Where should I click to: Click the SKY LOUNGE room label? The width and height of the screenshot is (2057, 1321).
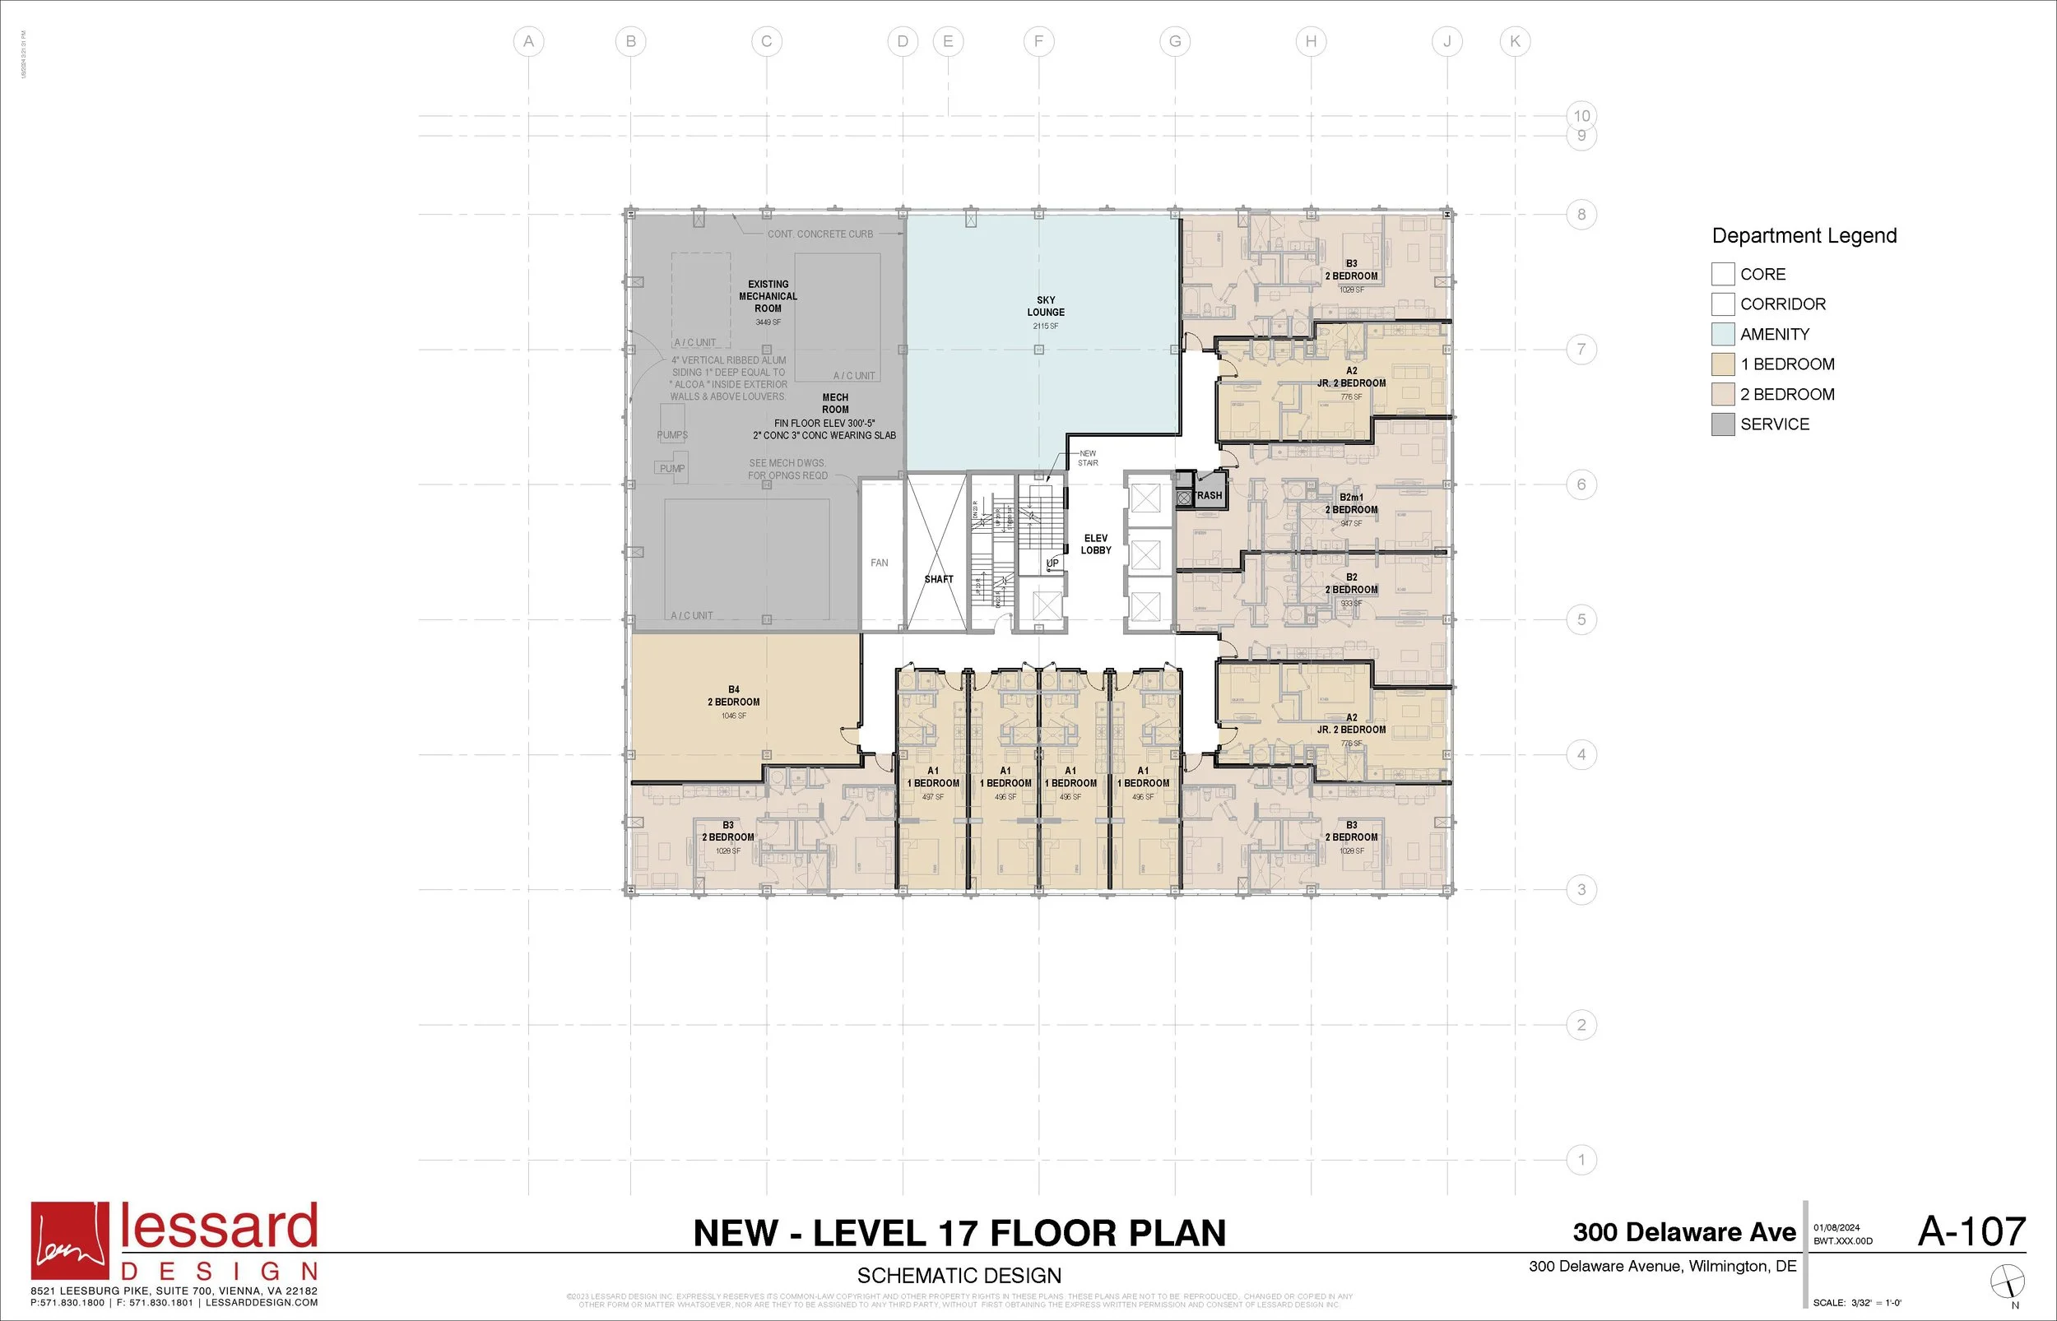(1046, 306)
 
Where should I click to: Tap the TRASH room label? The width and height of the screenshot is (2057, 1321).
(1209, 495)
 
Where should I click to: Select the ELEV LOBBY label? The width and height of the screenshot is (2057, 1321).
(1095, 544)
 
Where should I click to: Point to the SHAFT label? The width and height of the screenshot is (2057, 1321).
(939, 579)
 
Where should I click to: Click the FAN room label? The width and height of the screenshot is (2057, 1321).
(880, 563)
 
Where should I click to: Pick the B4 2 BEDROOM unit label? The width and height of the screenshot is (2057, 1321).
(733, 696)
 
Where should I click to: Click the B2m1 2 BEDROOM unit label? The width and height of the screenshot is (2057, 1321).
(1351, 503)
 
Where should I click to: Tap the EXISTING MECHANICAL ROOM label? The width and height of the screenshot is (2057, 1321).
(768, 296)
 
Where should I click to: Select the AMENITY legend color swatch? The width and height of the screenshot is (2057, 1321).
(1722, 334)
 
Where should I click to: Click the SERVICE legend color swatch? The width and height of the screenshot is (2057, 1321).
(1722, 424)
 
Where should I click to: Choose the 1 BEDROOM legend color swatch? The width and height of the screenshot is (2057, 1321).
(1722, 364)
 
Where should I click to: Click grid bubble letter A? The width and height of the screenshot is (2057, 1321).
(528, 41)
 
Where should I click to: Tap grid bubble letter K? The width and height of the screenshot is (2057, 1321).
(1515, 41)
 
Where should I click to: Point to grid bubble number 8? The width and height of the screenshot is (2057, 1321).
(1581, 215)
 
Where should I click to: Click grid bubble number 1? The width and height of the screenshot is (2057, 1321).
(1581, 1160)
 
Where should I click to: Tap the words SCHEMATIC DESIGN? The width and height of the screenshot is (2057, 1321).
(959, 1276)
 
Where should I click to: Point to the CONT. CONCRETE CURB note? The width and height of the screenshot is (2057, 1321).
(820, 234)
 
